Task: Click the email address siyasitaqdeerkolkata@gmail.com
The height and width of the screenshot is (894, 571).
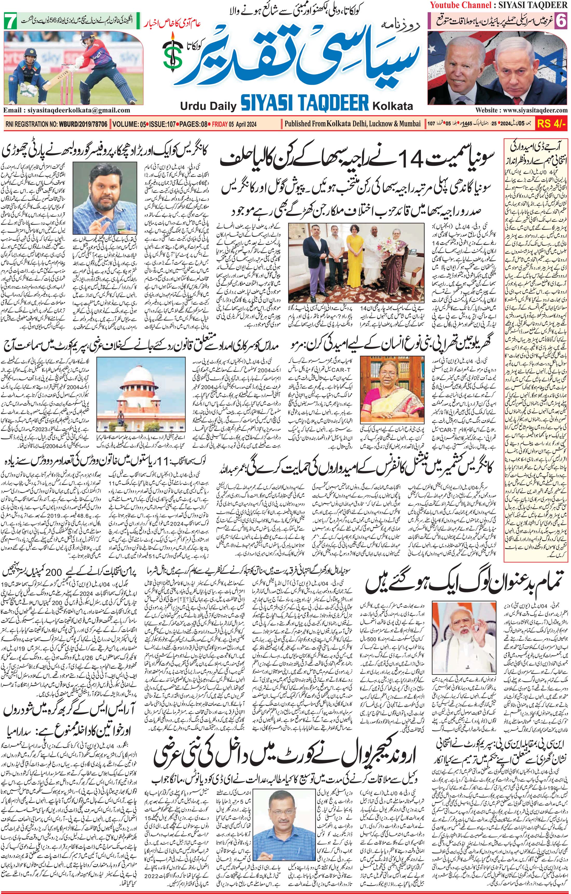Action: coord(66,110)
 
